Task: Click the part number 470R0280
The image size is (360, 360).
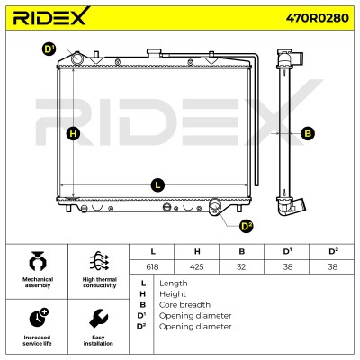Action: pyautogui.click(x=317, y=18)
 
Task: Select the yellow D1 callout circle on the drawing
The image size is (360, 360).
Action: pyautogui.click(x=49, y=49)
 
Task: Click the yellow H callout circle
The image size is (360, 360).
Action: pyautogui.click(x=73, y=133)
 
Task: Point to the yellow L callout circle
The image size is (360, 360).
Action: pyautogui.click(x=157, y=185)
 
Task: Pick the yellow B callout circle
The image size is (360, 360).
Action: pyautogui.click(x=308, y=133)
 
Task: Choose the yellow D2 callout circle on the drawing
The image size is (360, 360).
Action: pyautogui.click(x=247, y=226)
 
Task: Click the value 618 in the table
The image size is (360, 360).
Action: pyautogui.click(x=152, y=266)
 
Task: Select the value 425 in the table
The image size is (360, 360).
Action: pyautogui.click(x=197, y=266)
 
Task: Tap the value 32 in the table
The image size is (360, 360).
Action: pyautogui.click(x=241, y=266)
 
